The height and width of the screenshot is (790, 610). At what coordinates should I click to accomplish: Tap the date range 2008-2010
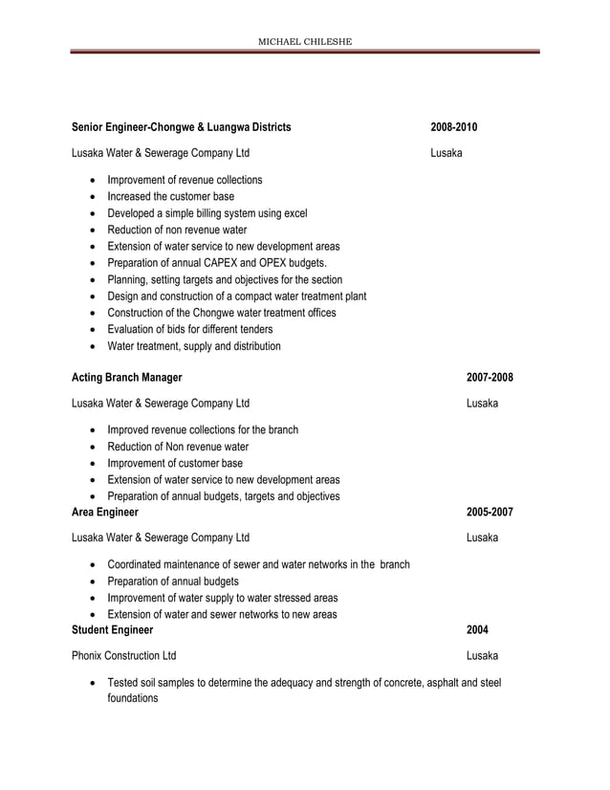point(454,127)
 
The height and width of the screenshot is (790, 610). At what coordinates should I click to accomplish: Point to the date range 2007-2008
point(490,378)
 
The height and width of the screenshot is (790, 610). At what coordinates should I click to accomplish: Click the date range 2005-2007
point(490,512)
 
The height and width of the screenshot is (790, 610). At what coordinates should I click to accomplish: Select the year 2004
point(477,630)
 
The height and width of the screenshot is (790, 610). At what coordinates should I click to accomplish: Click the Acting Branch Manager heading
point(127,378)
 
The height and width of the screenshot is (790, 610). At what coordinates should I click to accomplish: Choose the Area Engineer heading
point(105,512)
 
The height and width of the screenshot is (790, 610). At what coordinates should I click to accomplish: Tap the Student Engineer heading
point(113,630)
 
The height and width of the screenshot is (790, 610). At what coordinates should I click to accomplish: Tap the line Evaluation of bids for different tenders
point(202,330)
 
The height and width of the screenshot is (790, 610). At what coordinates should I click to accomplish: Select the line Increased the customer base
point(170,196)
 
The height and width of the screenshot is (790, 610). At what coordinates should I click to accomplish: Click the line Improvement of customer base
point(175,463)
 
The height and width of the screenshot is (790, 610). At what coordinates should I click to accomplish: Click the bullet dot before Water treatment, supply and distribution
point(92,347)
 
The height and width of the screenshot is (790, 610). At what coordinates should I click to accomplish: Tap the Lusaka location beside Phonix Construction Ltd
point(482,656)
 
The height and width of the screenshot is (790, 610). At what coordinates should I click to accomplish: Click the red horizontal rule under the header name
point(305,52)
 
